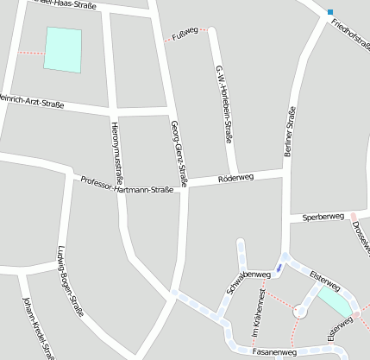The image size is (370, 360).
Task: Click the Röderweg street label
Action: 236,178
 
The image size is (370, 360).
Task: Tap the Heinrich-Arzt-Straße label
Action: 32,101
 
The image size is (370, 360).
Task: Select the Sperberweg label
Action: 323,217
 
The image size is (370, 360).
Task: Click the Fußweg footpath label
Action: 185,33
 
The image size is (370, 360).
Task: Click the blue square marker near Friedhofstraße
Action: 329,12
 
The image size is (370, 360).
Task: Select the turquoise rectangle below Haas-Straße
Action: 64,49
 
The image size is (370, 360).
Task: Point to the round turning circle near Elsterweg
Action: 299,312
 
